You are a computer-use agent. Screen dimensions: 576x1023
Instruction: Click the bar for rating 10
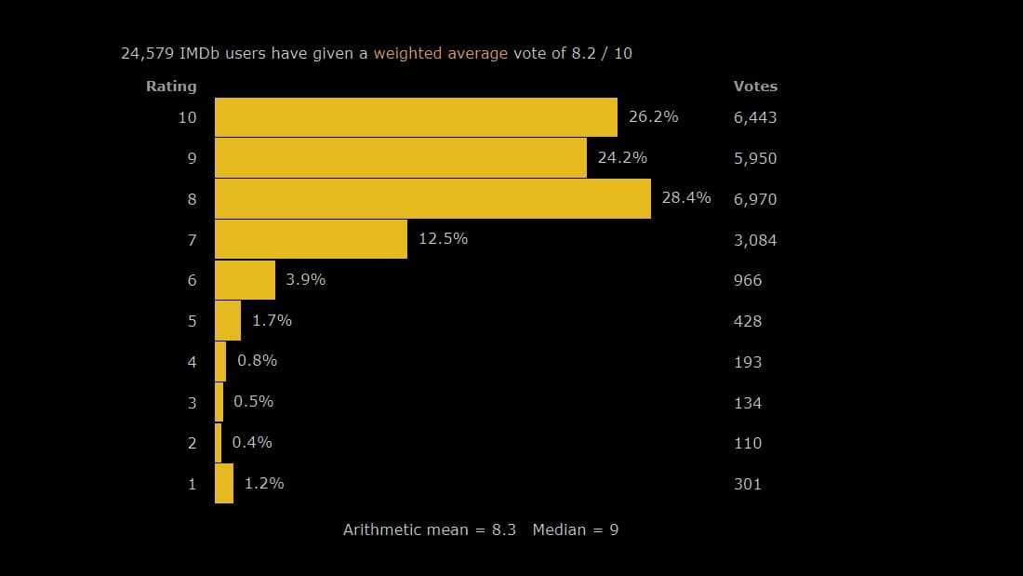tap(416, 117)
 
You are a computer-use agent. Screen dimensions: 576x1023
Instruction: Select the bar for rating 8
tap(432, 198)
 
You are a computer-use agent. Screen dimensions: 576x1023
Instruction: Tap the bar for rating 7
tap(311, 239)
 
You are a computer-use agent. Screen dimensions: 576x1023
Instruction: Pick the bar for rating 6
tap(245, 280)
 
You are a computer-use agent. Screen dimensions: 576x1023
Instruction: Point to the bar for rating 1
tap(224, 484)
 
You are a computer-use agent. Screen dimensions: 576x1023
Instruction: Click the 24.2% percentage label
tap(622, 157)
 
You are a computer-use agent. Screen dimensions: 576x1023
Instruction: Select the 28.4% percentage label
tap(686, 197)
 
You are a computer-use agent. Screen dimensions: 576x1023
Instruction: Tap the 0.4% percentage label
tap(252, 442)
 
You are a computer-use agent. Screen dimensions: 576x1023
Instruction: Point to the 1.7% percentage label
tap(272, 320)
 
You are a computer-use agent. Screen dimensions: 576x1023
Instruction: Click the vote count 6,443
tap(755, 117)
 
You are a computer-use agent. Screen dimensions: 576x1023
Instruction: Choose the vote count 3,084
tap(755, 240)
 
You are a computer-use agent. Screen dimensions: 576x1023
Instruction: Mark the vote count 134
tap(748, 403)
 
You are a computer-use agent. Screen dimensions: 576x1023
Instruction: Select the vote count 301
tap(748, 484)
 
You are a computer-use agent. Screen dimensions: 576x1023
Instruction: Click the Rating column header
tap(171, 87)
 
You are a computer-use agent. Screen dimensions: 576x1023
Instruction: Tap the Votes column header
tap(755, 87)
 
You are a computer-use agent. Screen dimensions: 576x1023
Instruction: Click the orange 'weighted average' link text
tap(441, 53)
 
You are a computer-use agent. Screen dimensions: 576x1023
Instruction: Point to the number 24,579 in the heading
tap(147, 53)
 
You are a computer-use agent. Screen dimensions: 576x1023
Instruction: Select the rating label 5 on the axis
tap(193, 321)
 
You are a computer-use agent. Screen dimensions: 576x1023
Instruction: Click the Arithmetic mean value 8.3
tap(503, 529)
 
